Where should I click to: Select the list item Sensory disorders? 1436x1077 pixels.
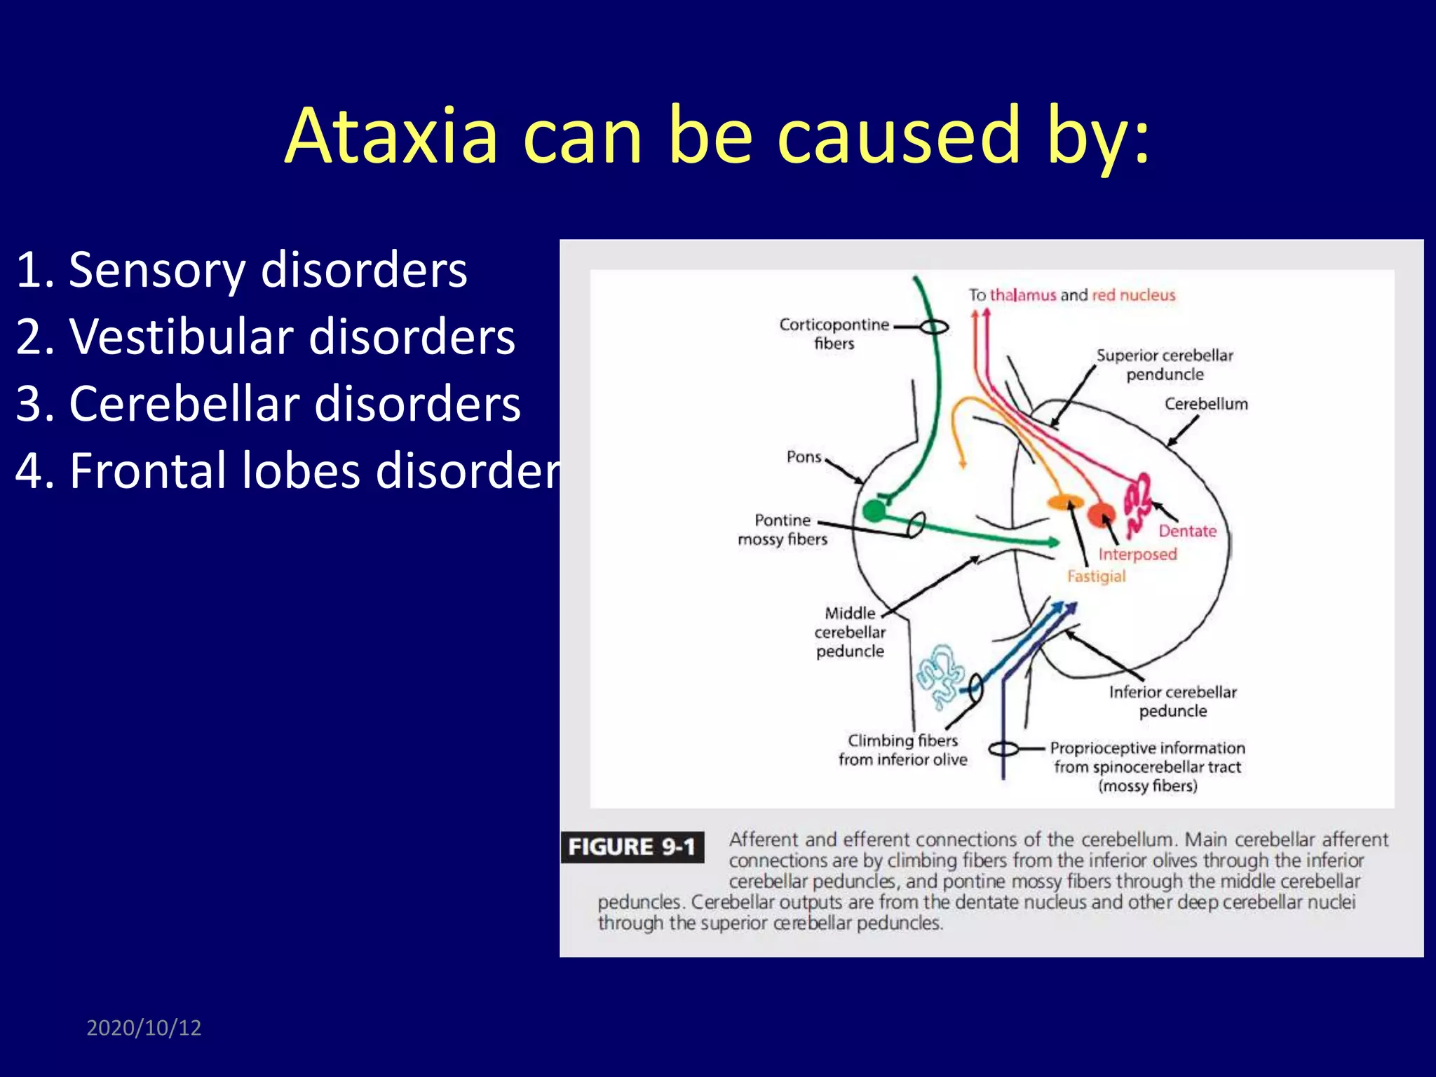[x=242, y=270]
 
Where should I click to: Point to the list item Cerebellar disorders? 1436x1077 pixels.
[x=269, y=404]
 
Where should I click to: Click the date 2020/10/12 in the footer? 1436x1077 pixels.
[x=144, y=1027]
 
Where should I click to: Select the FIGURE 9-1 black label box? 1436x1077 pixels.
[x=632, y=846]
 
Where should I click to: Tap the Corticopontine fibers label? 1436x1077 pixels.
[x=834, y=334]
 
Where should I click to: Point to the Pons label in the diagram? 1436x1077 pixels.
[x=804, y=457]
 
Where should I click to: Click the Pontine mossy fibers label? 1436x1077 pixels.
[x=783, y=530]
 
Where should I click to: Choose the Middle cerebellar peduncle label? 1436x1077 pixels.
[x=850, y=632]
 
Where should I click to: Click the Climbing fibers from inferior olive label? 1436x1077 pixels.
[x=902, y=750]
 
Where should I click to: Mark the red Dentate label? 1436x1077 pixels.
[x=1187, y=531]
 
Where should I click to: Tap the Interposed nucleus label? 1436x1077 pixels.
[x=1137, y=554]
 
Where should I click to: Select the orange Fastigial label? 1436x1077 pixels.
[x=1096, y=576]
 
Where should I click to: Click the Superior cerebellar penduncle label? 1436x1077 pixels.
[x=1165, y=365]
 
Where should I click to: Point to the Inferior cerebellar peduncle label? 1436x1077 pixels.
[x=1172, y=701]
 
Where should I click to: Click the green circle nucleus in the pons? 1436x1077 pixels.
[x=874, y=510]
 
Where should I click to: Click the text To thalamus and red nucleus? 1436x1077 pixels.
[x=1071, y=295]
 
